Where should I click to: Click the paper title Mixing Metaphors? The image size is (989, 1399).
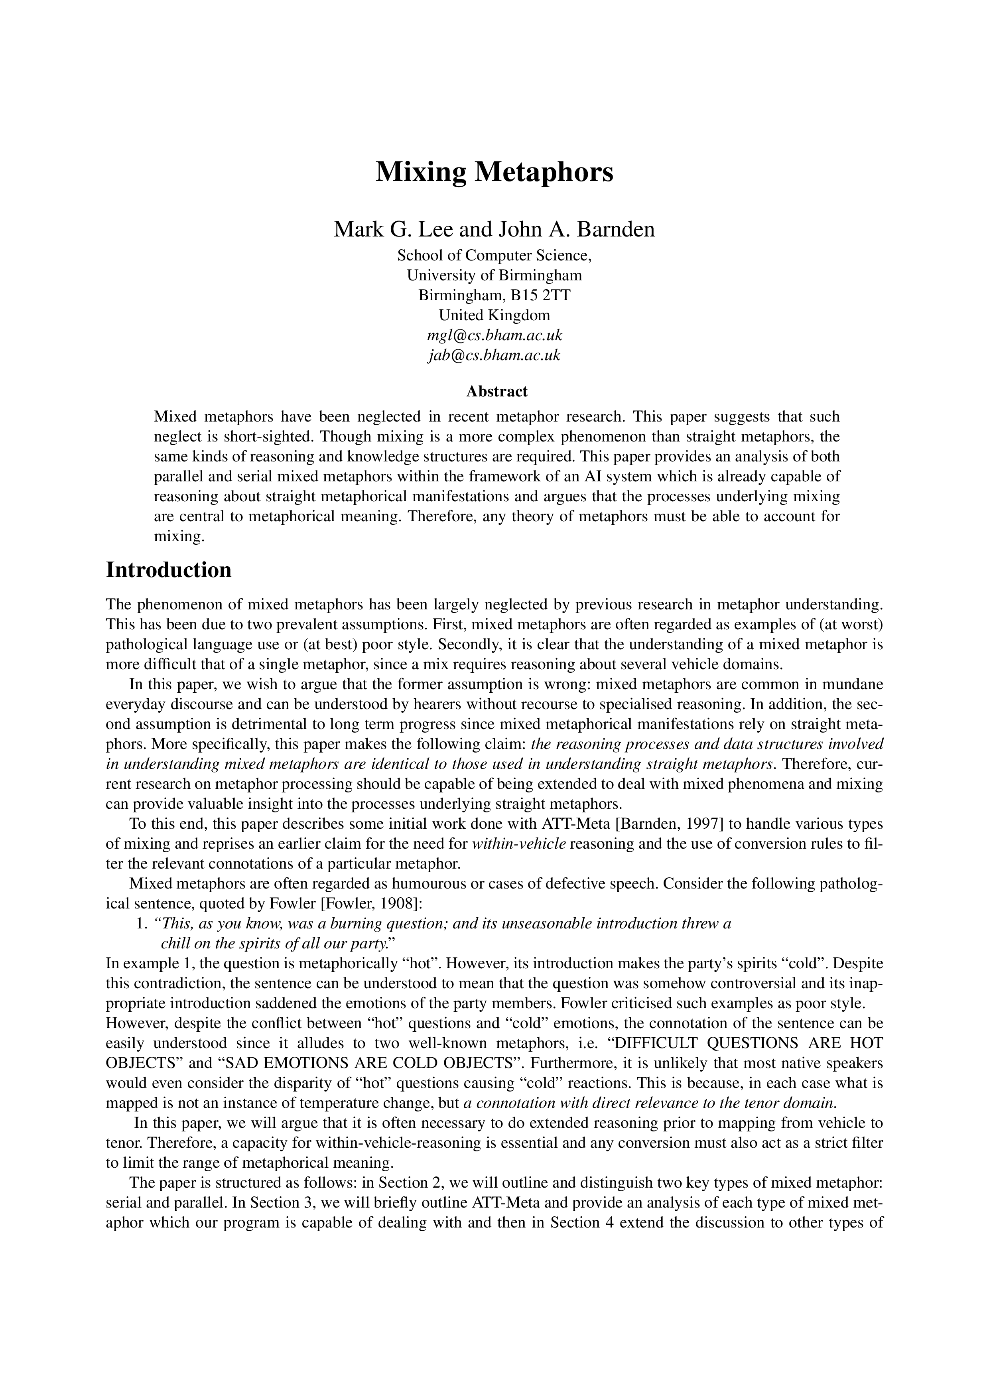point(494,172)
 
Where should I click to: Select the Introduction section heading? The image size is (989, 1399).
point(169,570)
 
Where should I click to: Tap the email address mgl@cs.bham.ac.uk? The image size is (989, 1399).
point(494,335)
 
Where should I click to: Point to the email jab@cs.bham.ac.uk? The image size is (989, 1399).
point(494,355)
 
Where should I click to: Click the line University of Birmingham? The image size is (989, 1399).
point(494,276)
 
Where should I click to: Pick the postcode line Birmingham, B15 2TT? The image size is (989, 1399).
point(494,296)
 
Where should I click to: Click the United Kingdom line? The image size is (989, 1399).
point(494,315)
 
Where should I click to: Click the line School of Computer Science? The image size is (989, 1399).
point(494,255)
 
